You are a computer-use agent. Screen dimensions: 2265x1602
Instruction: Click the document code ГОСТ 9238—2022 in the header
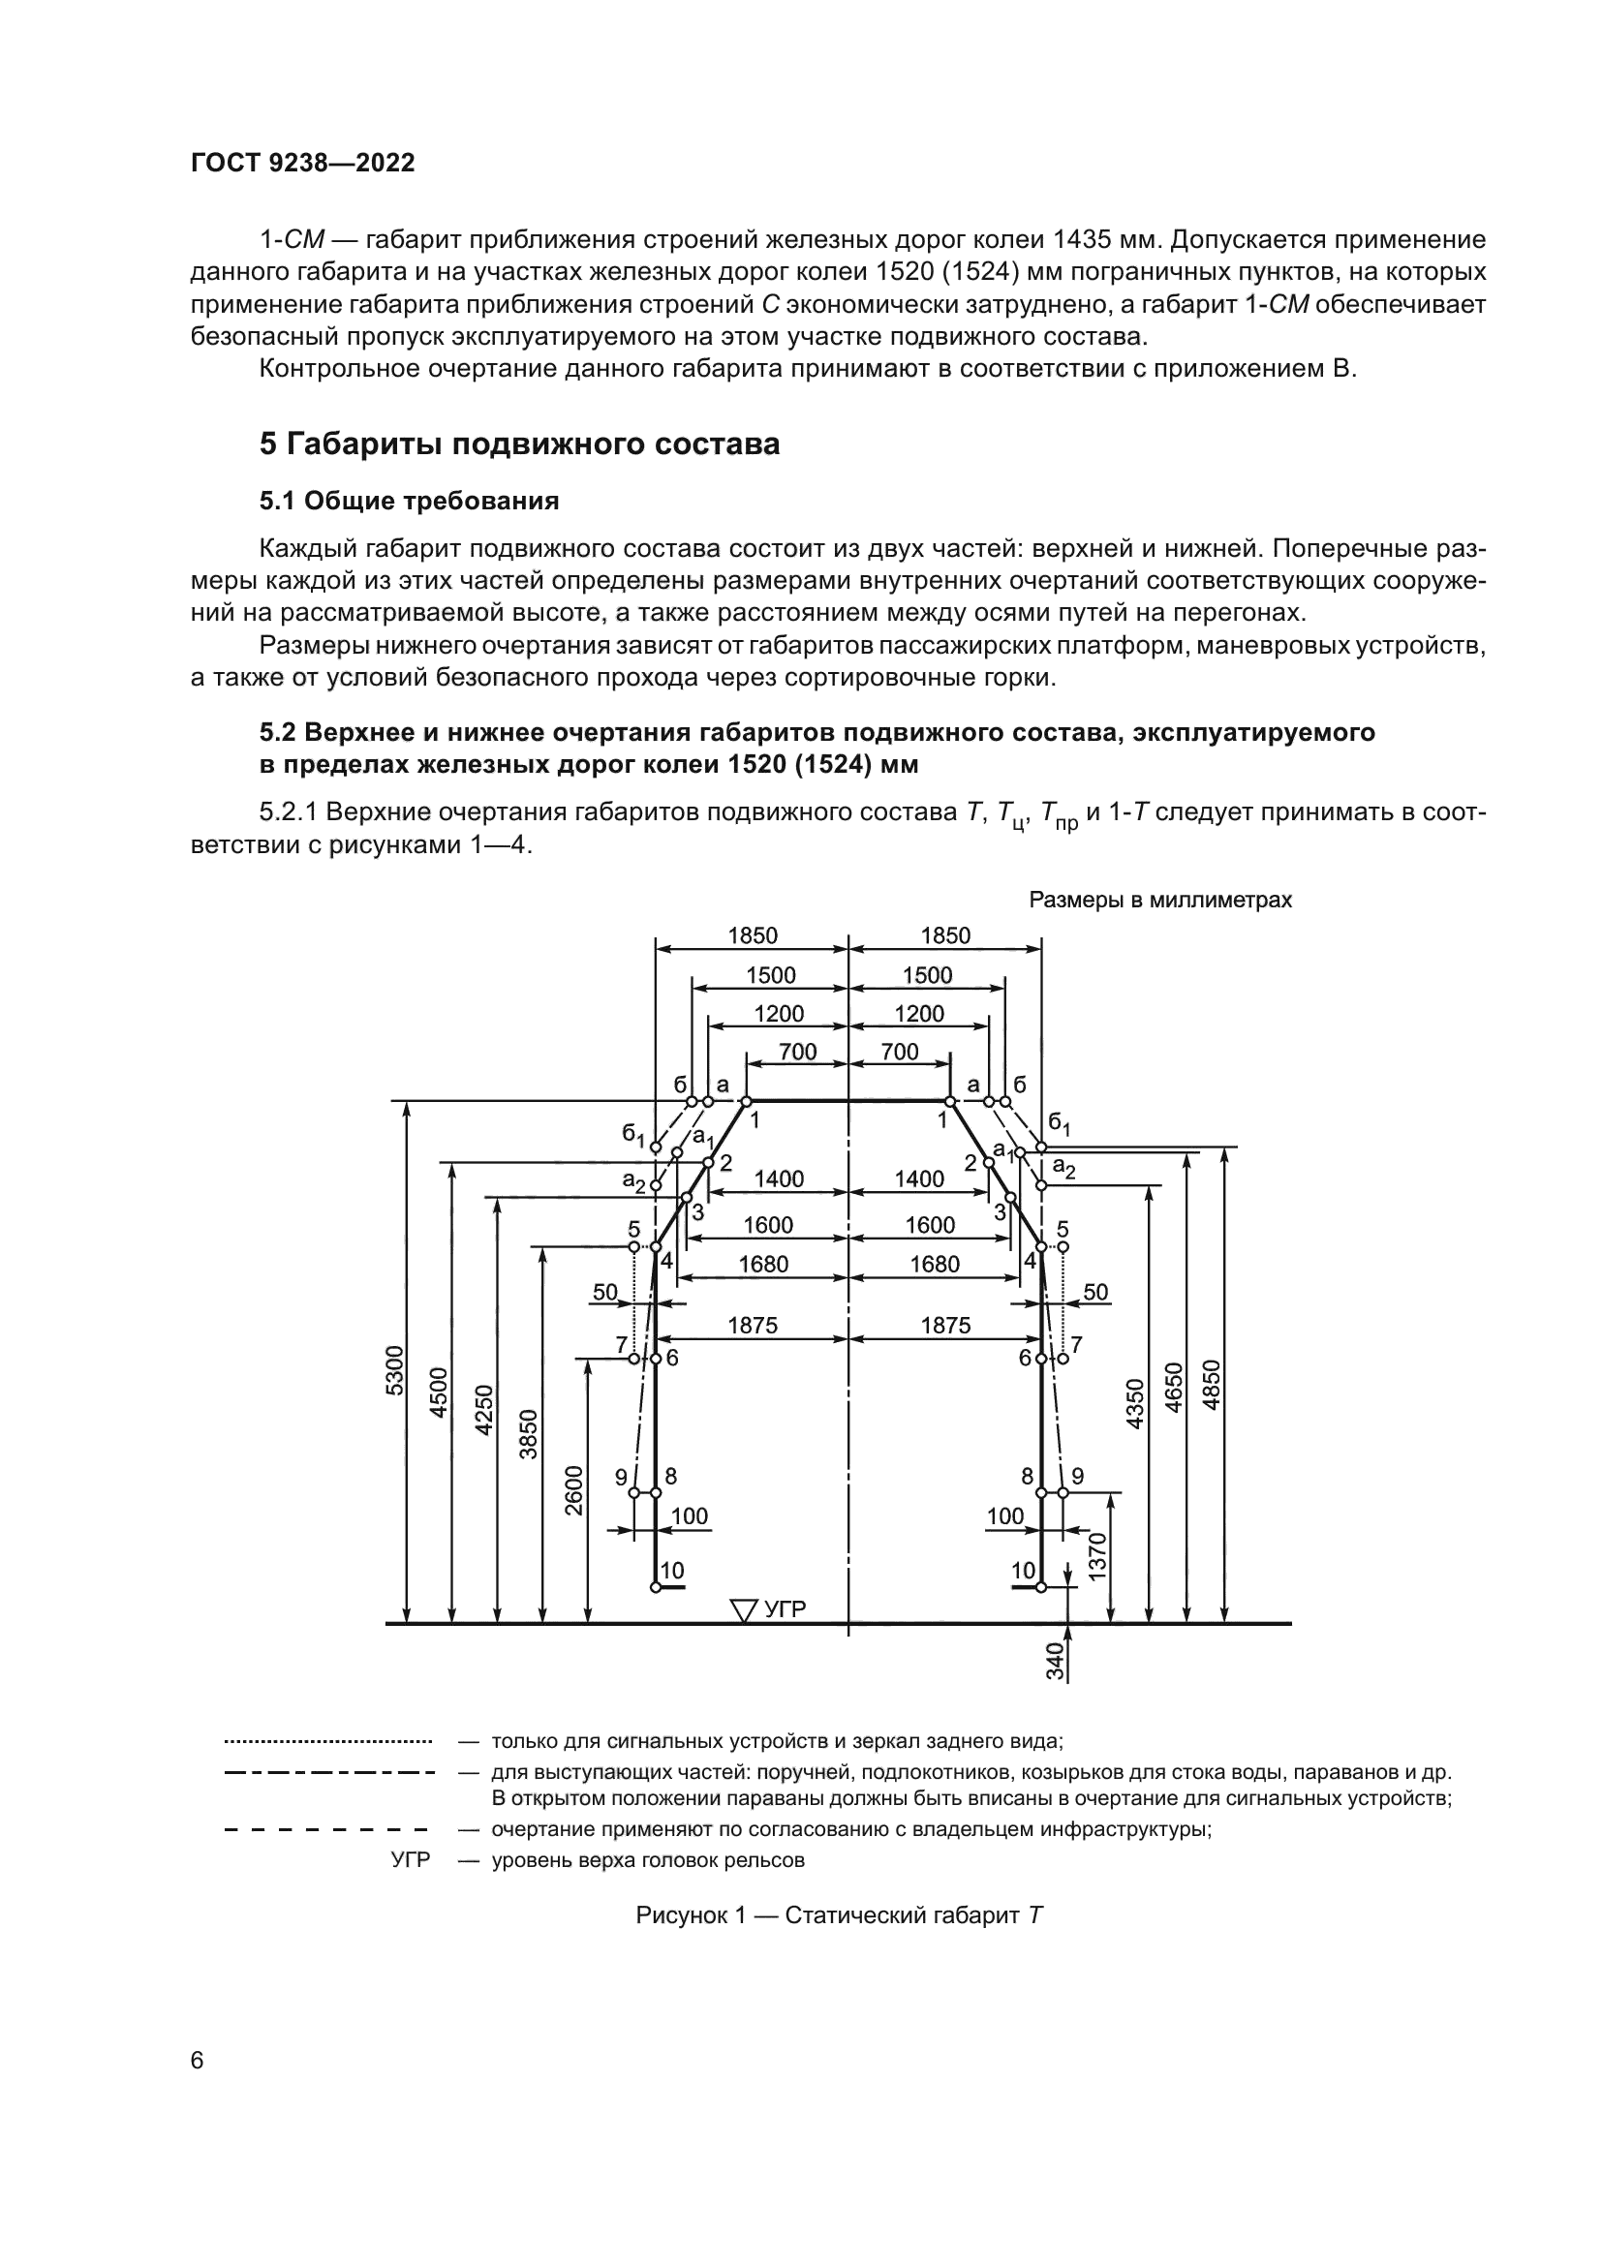302,164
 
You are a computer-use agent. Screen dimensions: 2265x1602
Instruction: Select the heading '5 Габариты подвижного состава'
519,444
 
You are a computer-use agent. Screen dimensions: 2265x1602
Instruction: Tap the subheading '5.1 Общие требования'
409,502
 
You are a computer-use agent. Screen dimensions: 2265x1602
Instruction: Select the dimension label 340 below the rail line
1055,1662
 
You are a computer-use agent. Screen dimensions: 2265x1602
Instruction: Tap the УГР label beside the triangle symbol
786,1609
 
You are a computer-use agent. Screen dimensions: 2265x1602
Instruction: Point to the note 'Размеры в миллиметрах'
1160,900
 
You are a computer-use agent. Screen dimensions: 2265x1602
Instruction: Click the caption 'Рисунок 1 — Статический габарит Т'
839,1943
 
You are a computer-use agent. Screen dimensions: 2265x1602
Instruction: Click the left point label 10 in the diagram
672,1571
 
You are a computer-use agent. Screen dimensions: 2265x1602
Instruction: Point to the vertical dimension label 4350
1134,1404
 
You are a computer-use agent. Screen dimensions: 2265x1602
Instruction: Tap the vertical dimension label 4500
439,1392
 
